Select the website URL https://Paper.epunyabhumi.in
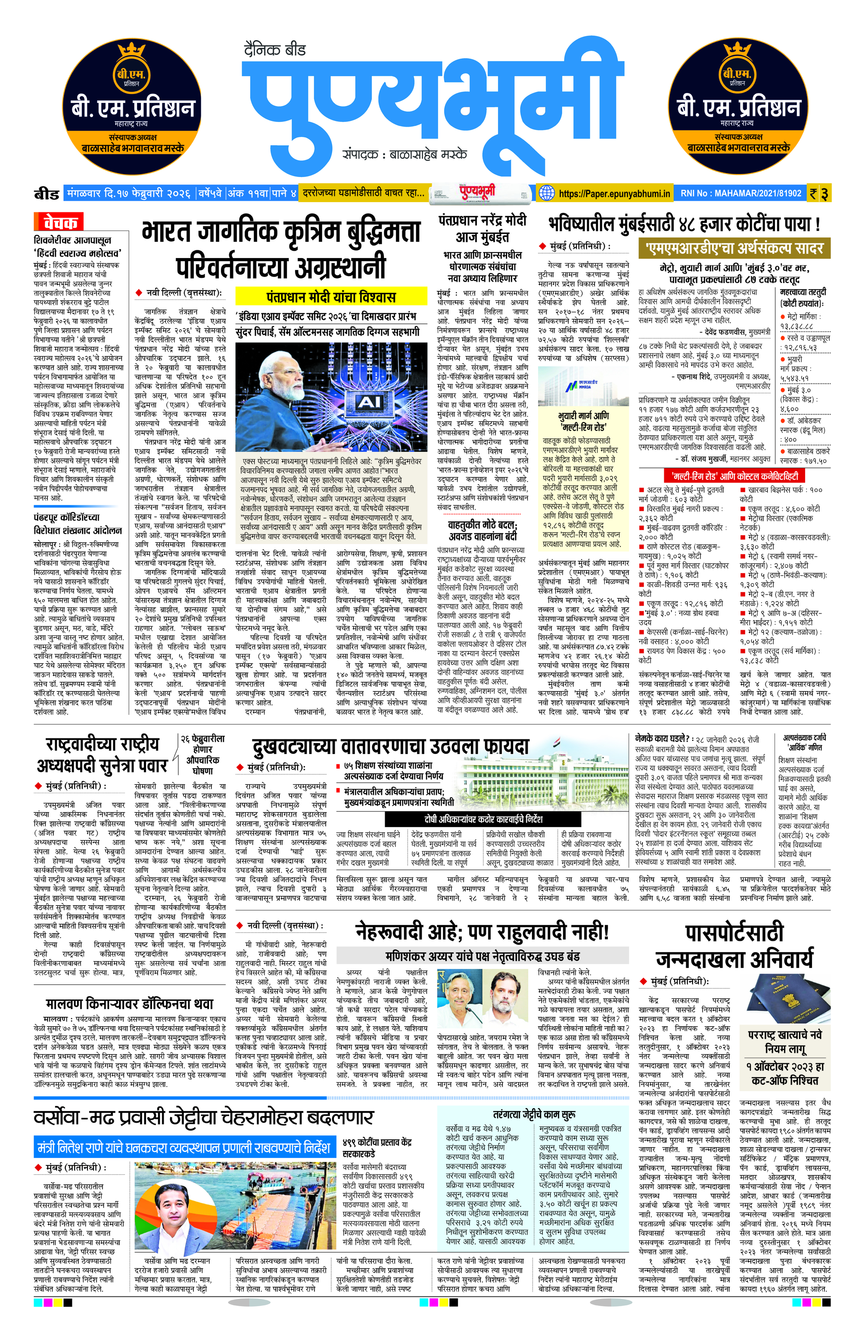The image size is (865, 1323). tap(614, 194)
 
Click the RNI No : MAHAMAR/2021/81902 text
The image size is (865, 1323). tap(741, 194)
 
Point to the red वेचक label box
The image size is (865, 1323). tap(59, 223)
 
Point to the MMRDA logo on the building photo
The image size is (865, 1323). tap(582, 386)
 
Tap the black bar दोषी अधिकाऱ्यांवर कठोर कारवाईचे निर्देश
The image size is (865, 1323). tap(482, 819)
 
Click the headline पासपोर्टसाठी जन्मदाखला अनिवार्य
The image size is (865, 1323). tap(734, 946)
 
